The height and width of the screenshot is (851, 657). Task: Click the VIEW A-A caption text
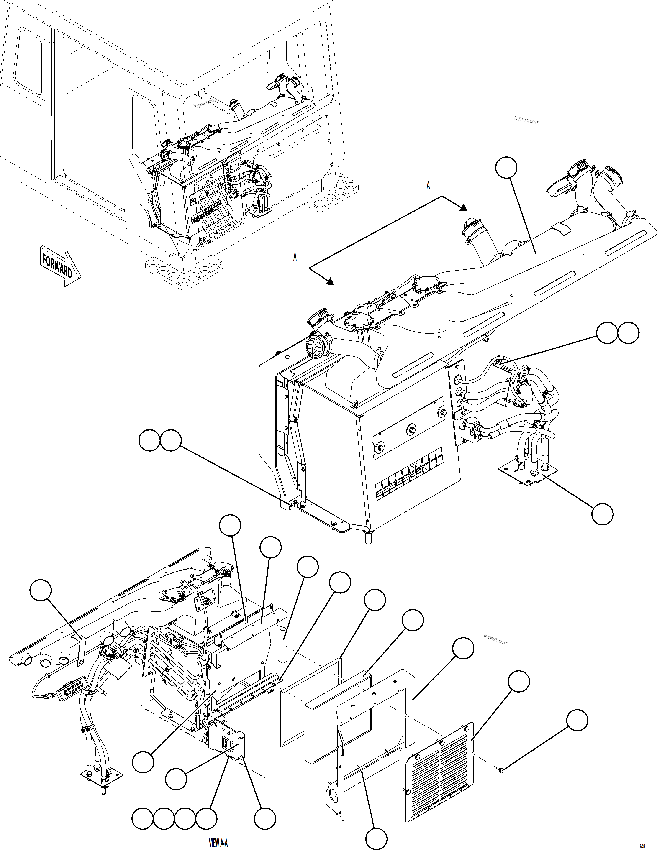point(218,843)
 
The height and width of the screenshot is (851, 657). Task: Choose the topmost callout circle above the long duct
point(506,168)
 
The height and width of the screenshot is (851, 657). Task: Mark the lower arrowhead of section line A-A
point(331,281)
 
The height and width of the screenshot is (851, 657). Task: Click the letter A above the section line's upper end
point(428,185)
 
